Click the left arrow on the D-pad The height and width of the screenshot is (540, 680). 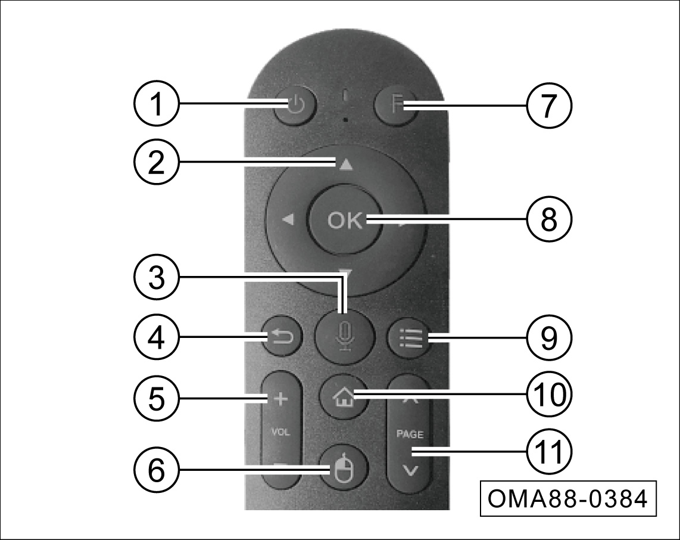(x=288, y=221)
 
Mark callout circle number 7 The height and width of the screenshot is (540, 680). (x=548, y=105)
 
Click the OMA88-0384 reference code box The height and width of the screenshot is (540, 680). (x=568, y=498)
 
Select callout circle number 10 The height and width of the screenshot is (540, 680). (x=548, y=395)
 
